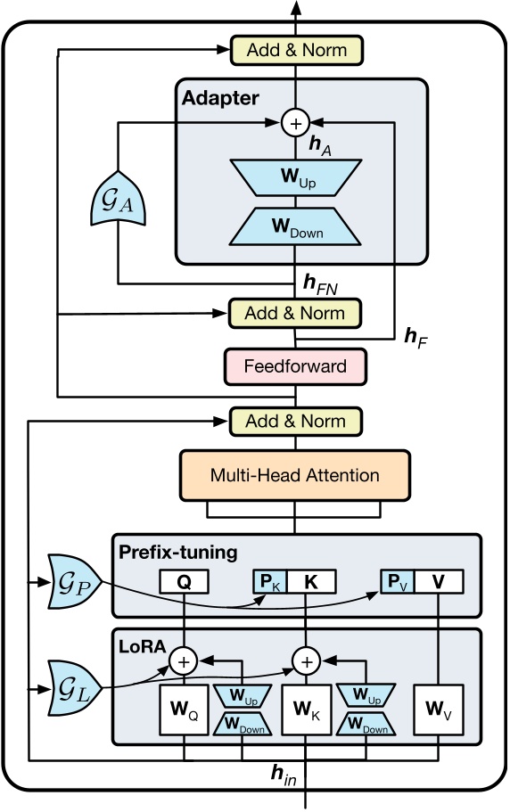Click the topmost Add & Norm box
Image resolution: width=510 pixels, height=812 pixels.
pos(294,49)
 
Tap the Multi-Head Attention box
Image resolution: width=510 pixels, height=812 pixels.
pos(294,475)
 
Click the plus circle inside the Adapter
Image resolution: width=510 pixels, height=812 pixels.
pos(294,123)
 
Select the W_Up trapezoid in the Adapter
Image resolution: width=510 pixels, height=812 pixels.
pos(294,177)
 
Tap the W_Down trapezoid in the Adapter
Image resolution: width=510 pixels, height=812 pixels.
pos(294,229)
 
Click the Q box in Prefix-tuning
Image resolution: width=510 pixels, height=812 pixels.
pos(184,583)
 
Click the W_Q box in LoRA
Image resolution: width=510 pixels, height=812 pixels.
pos(184,713)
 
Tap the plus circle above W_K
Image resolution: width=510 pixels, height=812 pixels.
pos(306,661)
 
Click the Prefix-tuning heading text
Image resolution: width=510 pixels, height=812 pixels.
pos(178,553)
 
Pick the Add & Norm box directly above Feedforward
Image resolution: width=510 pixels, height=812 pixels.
pos(294,313)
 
